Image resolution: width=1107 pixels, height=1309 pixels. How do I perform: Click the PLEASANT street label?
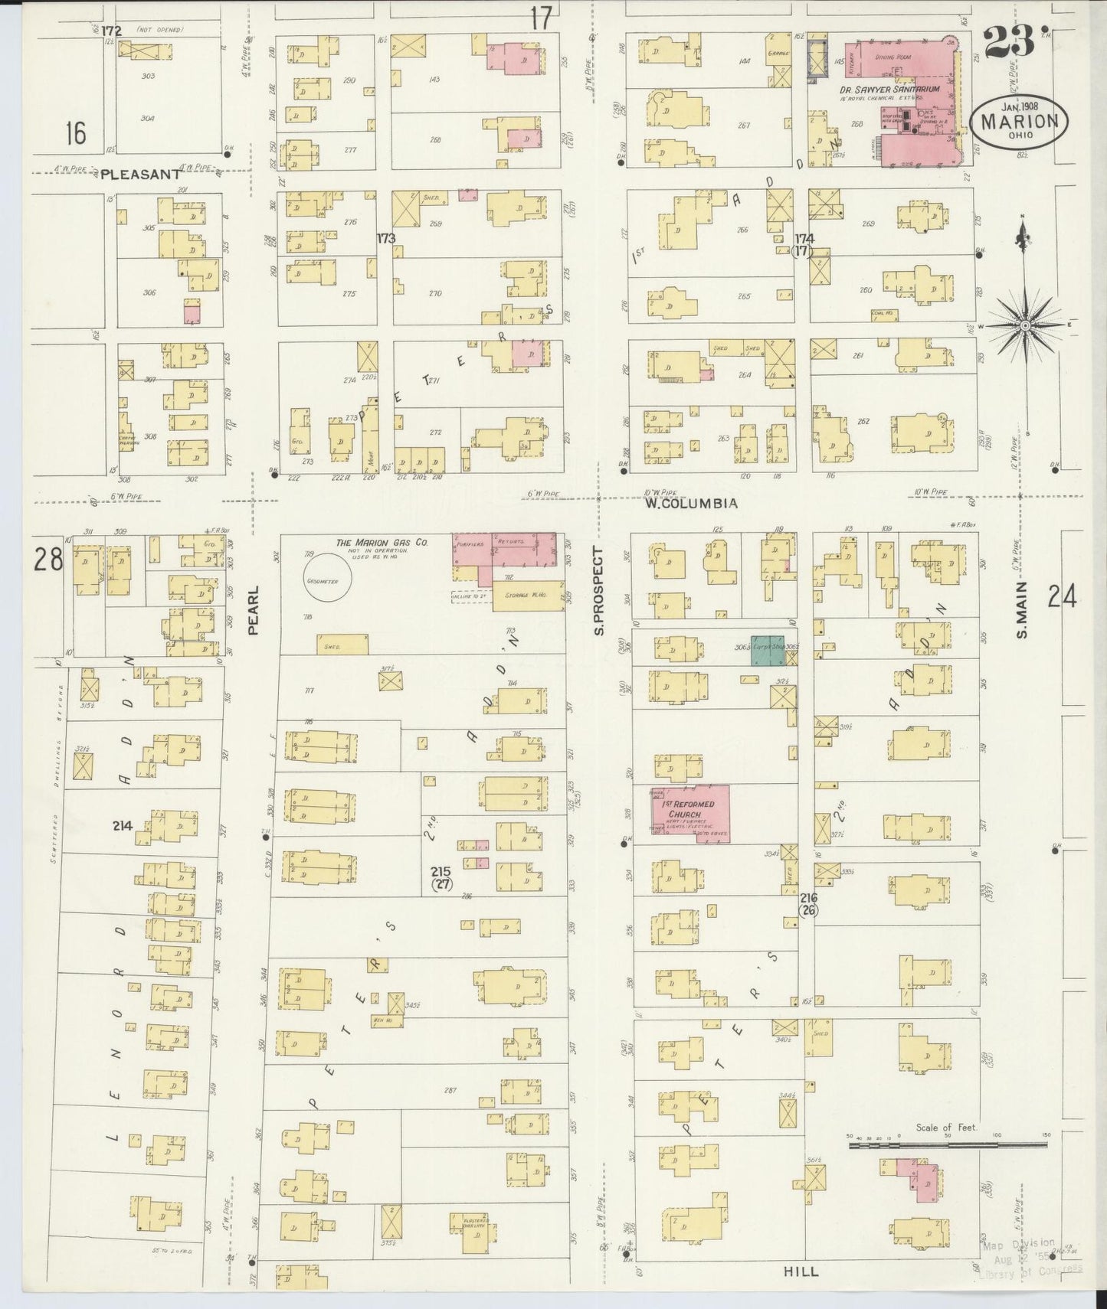(139, 175)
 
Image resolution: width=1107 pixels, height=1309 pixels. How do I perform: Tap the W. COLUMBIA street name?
(690, 504)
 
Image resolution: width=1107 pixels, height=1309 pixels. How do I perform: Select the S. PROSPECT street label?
(600, 591)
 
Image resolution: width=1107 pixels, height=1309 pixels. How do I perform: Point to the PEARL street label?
(254, 610)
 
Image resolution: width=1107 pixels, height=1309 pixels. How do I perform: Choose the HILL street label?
(801, 1271)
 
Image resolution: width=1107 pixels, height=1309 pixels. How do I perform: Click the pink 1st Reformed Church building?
(690, 814)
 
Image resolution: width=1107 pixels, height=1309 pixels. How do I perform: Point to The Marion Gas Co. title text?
(381, 543)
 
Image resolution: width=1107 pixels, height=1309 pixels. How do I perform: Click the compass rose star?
(1024, 325)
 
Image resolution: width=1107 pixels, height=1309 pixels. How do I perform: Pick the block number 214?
(122, 826)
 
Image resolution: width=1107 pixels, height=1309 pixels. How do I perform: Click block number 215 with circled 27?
(441, 877)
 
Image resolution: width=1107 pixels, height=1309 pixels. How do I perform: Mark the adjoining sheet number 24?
(1063, 596)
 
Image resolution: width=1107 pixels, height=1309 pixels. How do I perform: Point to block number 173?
(385, 239)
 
